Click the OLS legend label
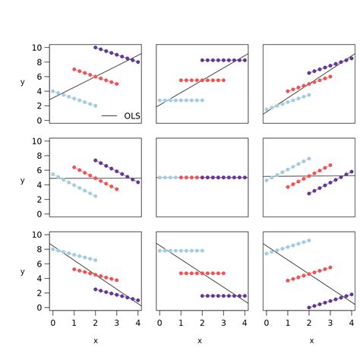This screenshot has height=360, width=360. [x=132, y=116]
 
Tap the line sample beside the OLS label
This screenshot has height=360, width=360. [x=109, y=116]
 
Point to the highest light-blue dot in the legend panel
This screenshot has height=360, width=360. [x=52, y=90]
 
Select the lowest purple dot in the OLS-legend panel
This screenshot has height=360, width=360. [x=137, y=62]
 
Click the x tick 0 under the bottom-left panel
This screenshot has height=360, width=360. [x=52, y=324]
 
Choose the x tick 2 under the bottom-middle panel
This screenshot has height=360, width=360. [x=202, y=324]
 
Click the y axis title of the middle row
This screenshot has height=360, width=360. [x=23, y=181]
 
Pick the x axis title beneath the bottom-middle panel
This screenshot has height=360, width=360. [x=200, y=341]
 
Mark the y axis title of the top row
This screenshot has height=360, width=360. [x=23, y=81]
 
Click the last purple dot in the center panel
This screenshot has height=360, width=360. [x=245, y=178]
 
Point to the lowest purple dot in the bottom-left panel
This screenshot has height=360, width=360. [x=137, y=301]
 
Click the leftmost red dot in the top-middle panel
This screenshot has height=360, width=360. [x=181, y=80]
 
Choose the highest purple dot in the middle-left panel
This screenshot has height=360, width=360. [x=95, y=160]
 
